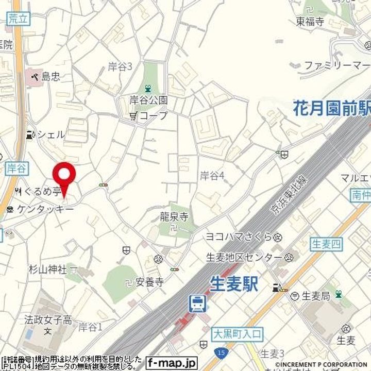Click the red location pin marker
(64, 178)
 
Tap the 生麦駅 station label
(234, 284)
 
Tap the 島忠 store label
(50, 77)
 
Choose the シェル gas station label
(50, 134)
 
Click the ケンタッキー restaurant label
(45, 209)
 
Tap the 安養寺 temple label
(149, 282)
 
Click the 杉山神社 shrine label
(47, 269)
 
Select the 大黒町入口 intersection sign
(237, 334)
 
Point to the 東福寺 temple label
(310, 22)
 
